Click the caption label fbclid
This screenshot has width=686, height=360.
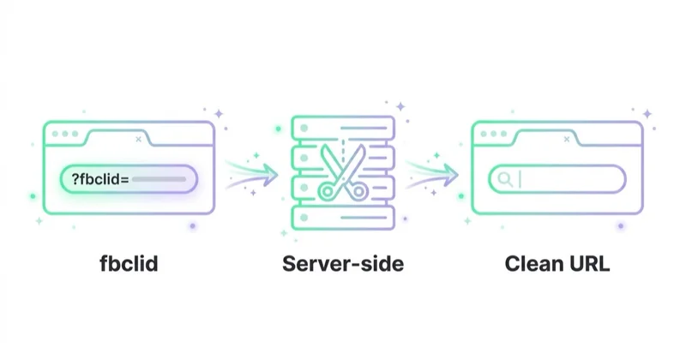click(x=129, y=264)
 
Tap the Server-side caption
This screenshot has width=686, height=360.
click(x=343, y=264)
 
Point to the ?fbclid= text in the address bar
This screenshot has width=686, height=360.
click(x=100, y=179)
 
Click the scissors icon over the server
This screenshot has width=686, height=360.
click(x=343, y=172)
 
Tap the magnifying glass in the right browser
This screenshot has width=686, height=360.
click(x=505, y=179)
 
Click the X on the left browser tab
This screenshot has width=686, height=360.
click(x=138, y=139)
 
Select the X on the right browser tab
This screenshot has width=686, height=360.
click(x=567, y=139)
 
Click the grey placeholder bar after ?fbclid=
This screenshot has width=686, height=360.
click(x=159, y=179)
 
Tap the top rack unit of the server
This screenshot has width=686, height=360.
click(x=343, y=129)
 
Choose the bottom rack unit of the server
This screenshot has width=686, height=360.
click(x=343, y=218)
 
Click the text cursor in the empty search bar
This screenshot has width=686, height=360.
click(x=521, y=179)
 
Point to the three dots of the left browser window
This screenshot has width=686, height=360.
click(x=65, y=134)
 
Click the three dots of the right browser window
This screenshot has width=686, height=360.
click(x=494, y=134)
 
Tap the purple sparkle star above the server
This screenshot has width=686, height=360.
click(x=400, y=106)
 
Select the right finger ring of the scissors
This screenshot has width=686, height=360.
click(x=358, y=191)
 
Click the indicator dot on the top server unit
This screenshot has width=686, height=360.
click(x=304, y=129)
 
